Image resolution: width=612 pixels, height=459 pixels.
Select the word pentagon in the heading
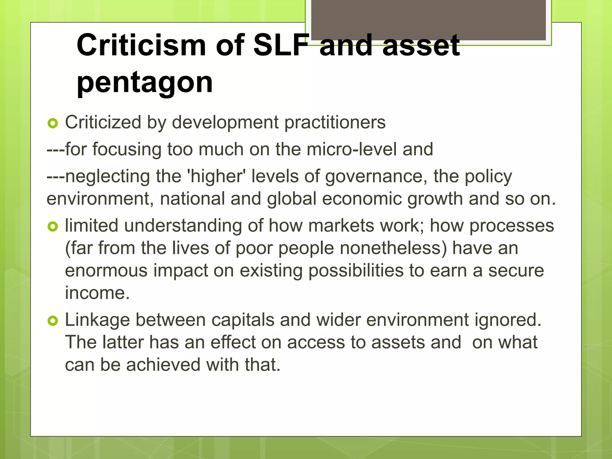(145, 82)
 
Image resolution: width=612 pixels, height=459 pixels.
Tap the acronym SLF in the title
(281, 45)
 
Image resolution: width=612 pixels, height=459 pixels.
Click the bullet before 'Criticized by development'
(53, 123)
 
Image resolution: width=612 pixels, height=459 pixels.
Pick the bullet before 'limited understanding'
(53, 227)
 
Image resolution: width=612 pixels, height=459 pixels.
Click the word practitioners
(335, 123)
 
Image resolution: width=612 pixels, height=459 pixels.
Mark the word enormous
(106, 271)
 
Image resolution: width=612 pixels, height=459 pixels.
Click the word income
(97, 293)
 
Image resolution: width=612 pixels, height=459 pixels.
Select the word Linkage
(97, 320)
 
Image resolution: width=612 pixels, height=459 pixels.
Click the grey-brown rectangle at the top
(428, 20)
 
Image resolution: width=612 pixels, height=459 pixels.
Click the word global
(292, 199)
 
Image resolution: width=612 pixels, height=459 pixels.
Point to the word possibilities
(356, 271)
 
